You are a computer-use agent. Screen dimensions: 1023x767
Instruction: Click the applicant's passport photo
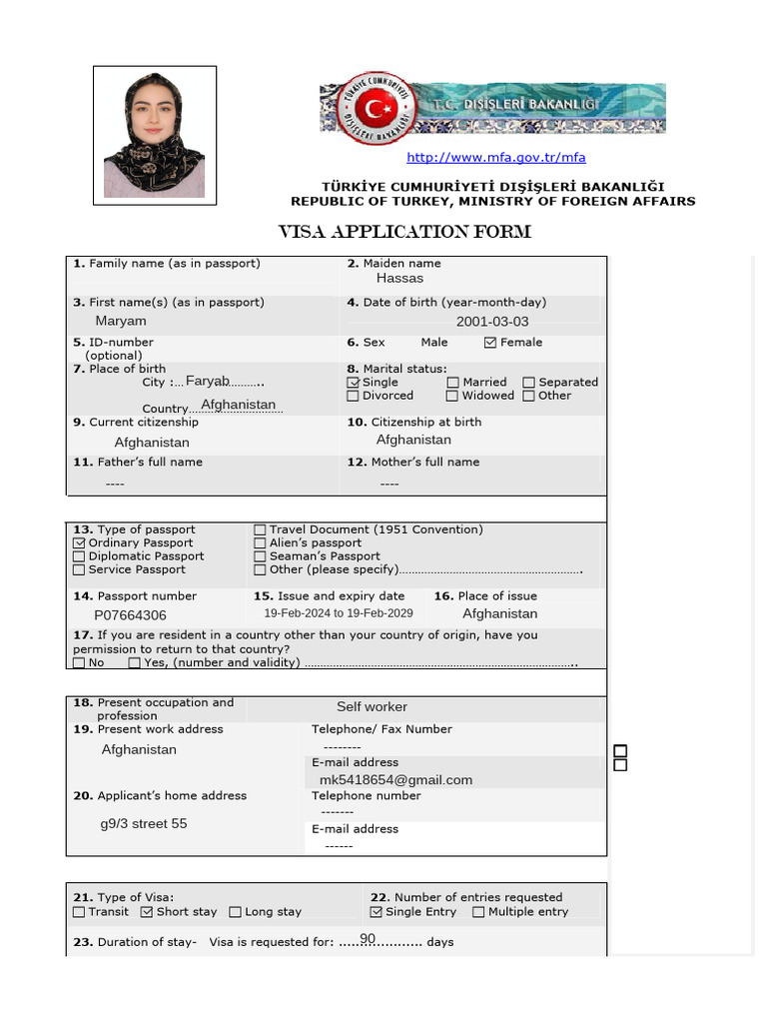[155, 135]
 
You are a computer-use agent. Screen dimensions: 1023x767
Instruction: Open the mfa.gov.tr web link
[495, 158]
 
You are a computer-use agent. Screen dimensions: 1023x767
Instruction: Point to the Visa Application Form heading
[403, 233]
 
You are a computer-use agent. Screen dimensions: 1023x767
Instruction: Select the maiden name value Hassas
[399, 279]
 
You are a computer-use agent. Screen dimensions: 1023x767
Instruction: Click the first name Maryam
[121, 321]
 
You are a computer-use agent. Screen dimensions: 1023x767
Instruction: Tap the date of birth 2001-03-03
[492, 322]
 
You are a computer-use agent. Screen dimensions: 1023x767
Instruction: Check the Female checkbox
[489, 343]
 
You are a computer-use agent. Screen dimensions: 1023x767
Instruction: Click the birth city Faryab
[208, 382]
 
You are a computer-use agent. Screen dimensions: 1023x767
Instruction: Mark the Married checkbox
[453, 383]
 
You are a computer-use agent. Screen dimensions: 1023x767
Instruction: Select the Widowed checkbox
[453, 396]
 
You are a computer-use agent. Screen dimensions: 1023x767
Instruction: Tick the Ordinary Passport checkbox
[79, 543]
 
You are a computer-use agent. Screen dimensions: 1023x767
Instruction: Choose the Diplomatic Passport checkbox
[79, 556]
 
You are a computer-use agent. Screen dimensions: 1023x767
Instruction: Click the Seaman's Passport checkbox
[260, 556]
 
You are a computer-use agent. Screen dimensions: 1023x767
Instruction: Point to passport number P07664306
[131, 615]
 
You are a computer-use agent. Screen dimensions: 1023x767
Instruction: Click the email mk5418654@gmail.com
[395, 780]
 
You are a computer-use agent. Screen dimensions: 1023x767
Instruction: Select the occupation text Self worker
[372, 707]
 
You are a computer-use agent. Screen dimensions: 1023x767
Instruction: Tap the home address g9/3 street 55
[144, 824]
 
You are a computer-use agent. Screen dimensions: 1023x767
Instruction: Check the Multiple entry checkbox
[478, 912]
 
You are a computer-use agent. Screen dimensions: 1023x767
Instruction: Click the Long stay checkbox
[236, 912]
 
